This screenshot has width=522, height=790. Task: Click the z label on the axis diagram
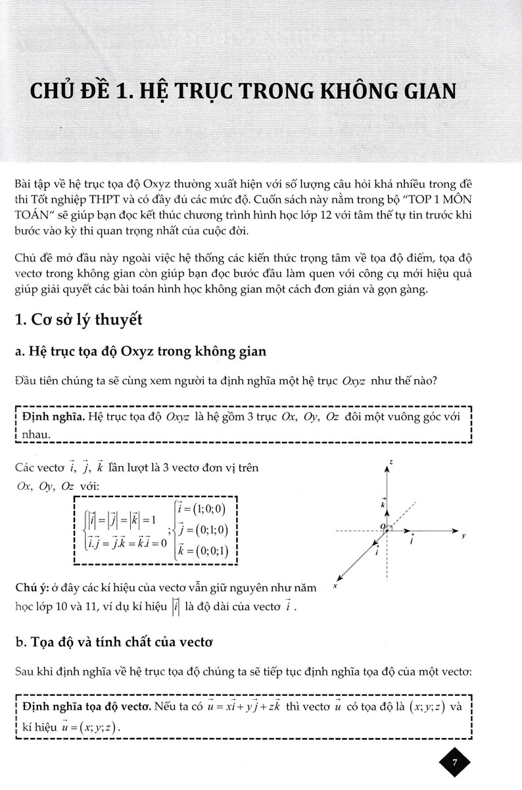(x=391, y=463)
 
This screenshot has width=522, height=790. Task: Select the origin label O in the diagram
(x=381, y=525)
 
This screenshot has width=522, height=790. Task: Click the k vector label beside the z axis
(x=382, y=503)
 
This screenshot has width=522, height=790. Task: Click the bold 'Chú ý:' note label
(x=30, y=587)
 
